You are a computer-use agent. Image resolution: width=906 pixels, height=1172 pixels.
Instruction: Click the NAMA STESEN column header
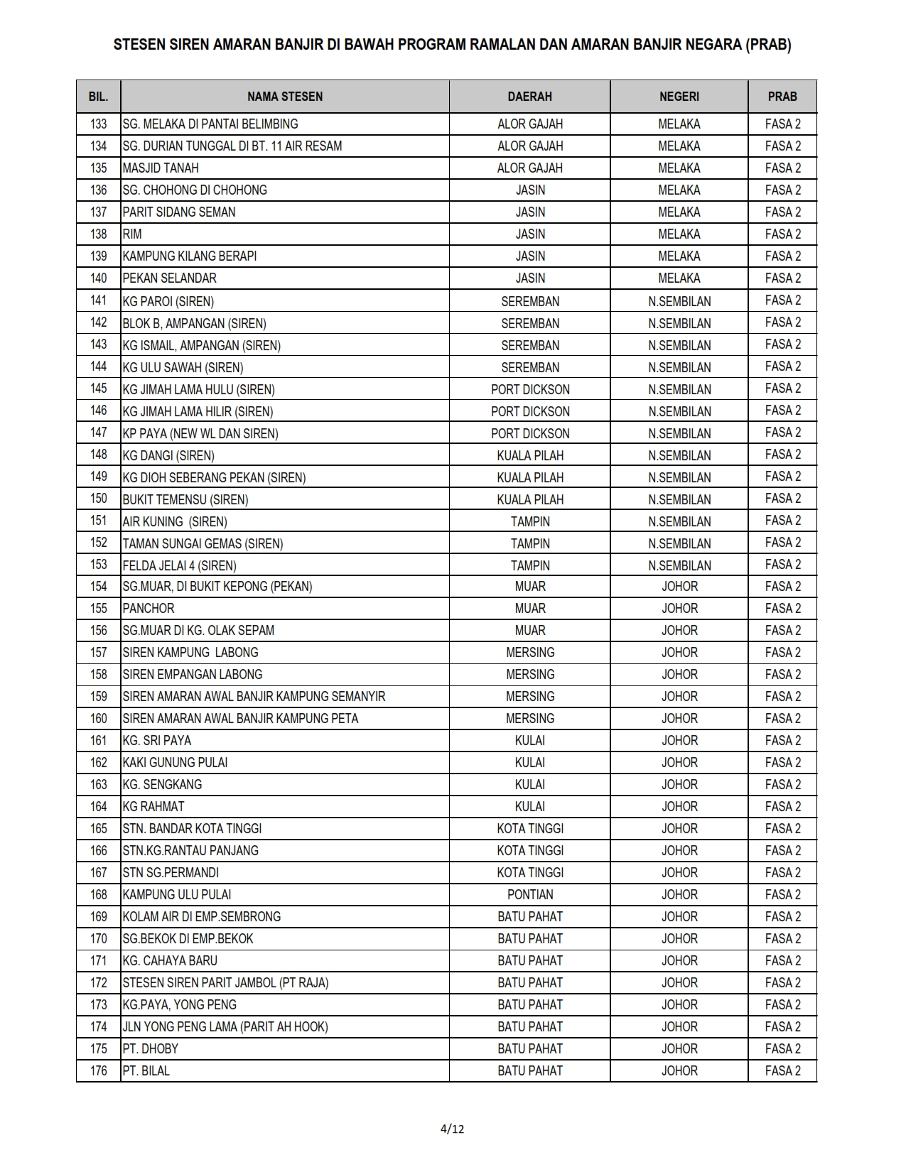(285, 97)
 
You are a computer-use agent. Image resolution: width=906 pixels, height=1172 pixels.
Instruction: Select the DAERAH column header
(529, 97)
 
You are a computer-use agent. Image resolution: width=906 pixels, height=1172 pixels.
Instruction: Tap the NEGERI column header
(679, 97)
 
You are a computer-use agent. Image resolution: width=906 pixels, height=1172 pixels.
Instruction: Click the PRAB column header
(782, 97)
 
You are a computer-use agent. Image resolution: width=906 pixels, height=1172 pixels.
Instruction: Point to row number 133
(99, 124)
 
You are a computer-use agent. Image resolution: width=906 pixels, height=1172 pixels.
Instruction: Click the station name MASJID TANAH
(161, 168)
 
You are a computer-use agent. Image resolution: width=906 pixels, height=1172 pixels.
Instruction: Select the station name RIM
(132, 234)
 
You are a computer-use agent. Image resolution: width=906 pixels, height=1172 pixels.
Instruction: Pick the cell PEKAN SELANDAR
(169, 278)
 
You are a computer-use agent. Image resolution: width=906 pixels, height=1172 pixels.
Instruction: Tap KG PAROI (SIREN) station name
(168, 301)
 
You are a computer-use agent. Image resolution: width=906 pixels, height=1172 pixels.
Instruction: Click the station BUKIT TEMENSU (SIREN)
(185, 499)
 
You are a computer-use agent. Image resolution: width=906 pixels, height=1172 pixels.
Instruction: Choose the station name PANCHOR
(149, 609)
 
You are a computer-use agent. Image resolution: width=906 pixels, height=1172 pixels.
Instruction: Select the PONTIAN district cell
(530, 895)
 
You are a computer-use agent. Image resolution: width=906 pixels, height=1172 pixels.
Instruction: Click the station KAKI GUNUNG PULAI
(175, 763)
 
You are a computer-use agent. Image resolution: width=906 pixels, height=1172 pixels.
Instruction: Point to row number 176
(99, 1071)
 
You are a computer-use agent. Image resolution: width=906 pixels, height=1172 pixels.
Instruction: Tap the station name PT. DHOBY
(151, 1049)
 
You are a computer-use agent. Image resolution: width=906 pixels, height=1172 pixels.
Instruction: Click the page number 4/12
(453, 1129)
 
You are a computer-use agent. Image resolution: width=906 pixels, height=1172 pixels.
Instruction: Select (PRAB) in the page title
(768, 45)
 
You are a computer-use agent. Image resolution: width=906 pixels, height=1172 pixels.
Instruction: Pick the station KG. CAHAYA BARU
(170, 961)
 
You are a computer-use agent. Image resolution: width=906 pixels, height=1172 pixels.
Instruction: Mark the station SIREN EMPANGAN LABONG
(193, 675)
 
